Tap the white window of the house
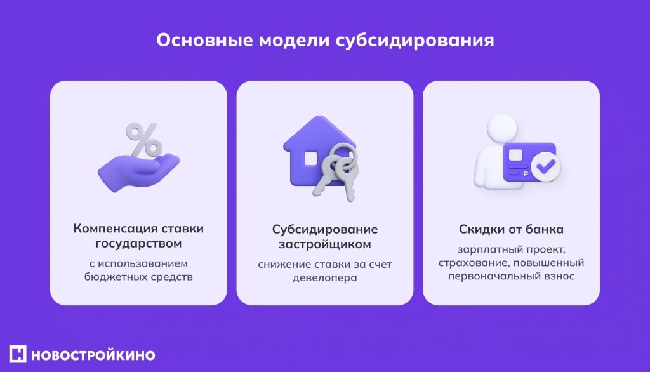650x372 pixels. tap(311, 158)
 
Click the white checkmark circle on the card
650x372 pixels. tap(545, 168)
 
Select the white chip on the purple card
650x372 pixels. tap(514, 155)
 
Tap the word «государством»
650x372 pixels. tap(138, 244)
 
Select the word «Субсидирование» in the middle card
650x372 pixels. tap(325, 229)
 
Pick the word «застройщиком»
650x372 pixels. tap(325, 244)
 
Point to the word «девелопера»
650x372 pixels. tap(325, 277)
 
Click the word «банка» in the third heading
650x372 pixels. tap(546, 229)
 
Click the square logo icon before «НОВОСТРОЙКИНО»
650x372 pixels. tap(18, 354)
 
